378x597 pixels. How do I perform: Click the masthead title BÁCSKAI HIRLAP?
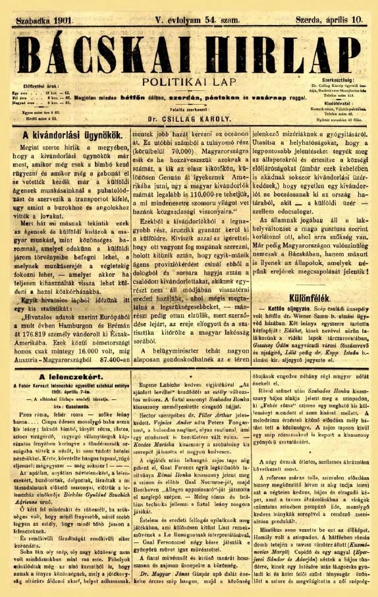pos(189,47)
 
